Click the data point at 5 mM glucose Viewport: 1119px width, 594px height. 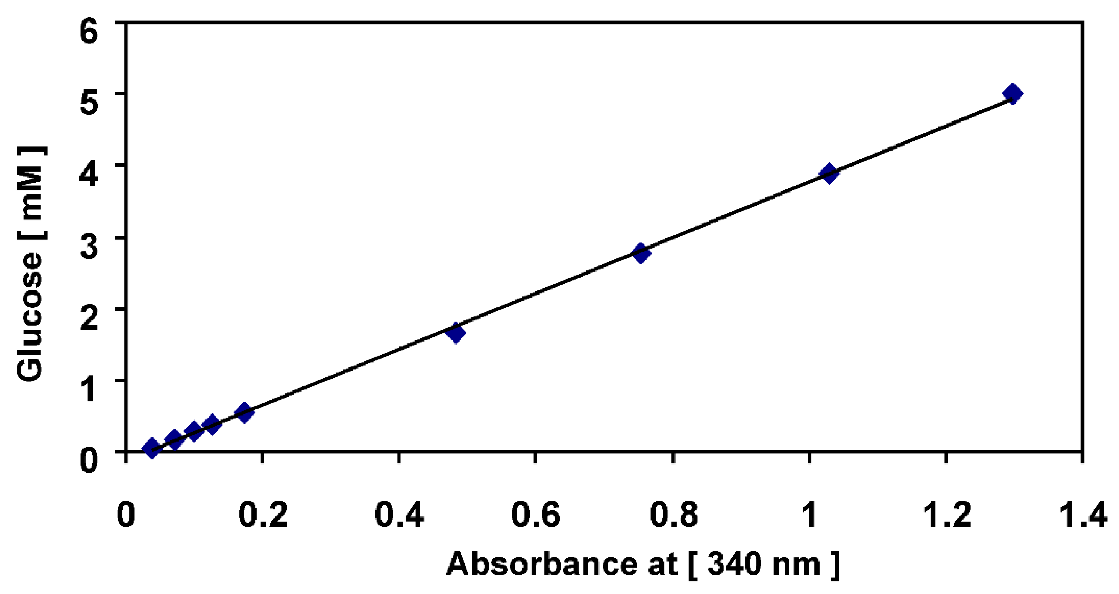click(1012, 94)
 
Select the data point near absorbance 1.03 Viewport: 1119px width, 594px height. click(829, 174)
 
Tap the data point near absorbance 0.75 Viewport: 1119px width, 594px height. click(640, 253)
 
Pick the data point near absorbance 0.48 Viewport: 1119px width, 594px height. click(456, 333)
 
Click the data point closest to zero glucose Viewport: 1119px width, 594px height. click(152, 448)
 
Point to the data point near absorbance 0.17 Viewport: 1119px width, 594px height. click(244, 413)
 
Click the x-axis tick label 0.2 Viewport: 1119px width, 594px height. click(263, 515)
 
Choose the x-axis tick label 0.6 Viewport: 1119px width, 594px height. click(535, 515)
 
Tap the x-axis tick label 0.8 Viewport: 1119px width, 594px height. click(673, 515)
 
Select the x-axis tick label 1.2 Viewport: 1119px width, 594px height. click(946, 515)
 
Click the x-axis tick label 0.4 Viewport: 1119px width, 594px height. click(399, 515)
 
